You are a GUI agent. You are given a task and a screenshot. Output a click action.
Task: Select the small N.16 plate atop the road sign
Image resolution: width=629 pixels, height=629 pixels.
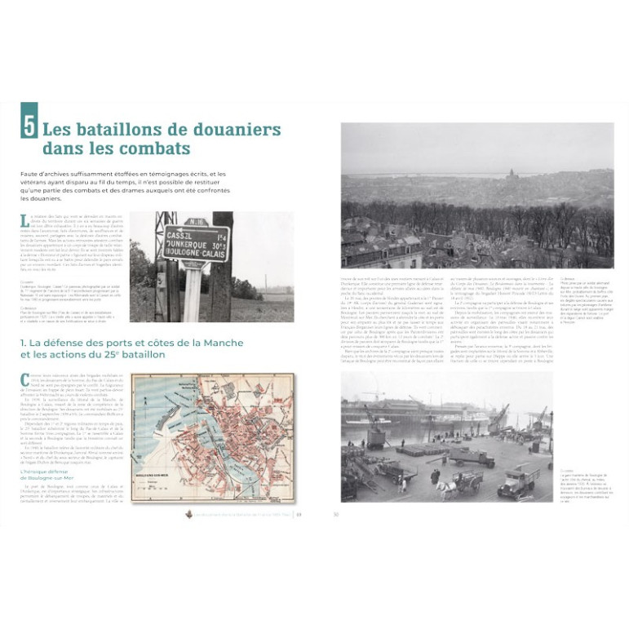[193, 220]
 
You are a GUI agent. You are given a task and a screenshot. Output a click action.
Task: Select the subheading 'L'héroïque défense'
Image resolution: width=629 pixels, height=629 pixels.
[45, 472]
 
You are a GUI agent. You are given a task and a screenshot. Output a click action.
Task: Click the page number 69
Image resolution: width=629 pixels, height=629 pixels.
[299, 514]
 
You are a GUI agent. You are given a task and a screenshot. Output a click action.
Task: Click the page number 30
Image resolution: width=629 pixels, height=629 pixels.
[335, 514]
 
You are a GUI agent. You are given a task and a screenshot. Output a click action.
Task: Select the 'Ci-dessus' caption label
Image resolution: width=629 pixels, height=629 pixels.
[569, 278]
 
